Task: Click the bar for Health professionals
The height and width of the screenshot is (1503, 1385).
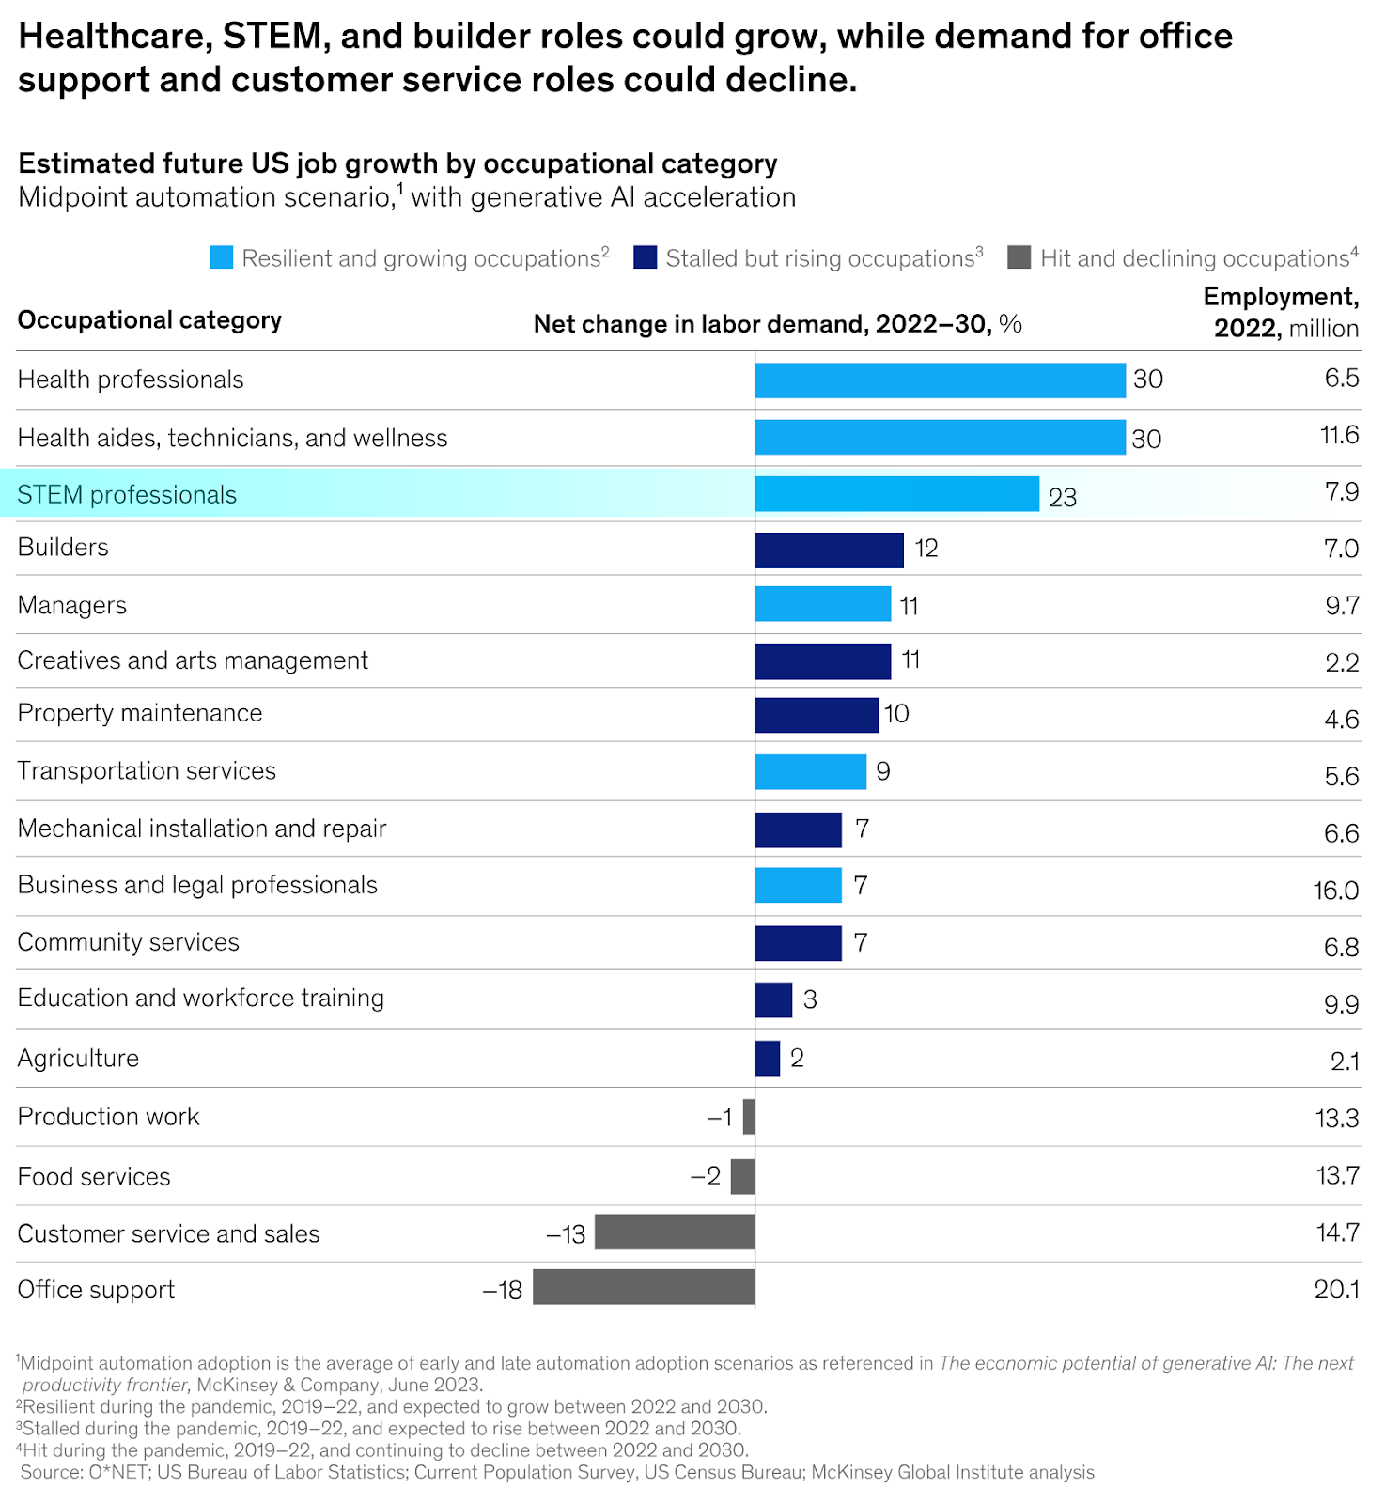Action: tap(940, 380)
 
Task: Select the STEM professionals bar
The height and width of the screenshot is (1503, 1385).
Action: tap(896, 494)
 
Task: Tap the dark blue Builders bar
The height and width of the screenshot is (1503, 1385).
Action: tap(829, 550)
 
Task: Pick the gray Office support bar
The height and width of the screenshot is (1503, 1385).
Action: tap(644, 1287)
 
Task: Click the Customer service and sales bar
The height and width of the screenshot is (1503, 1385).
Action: tap(675, 1232)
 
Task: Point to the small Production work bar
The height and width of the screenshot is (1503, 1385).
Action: tap(749, 1117)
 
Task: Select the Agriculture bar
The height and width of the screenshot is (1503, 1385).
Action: tap(768, 1059)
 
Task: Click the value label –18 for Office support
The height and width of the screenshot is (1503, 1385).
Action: tap(503, 1291)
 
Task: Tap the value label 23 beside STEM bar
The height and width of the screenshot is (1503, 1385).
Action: tap(1063, 498)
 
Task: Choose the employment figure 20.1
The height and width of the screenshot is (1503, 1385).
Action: tap(1336, 1290)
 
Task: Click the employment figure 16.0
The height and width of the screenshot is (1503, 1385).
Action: tap(1335, 891)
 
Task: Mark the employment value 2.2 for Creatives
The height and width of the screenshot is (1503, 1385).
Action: tap(1342, 663)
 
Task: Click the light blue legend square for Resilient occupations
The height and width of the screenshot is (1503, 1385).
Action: tap(222, 257)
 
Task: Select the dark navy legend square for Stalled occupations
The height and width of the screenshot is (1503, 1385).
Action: tap(646, 257)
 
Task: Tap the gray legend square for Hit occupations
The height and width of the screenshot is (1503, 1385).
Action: tap(1019, 257)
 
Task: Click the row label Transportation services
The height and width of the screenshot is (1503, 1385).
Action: tap(147, 771)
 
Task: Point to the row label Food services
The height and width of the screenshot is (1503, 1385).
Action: tap(94, 1177)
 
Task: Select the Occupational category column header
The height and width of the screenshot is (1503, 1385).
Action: tap(149, 320)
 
